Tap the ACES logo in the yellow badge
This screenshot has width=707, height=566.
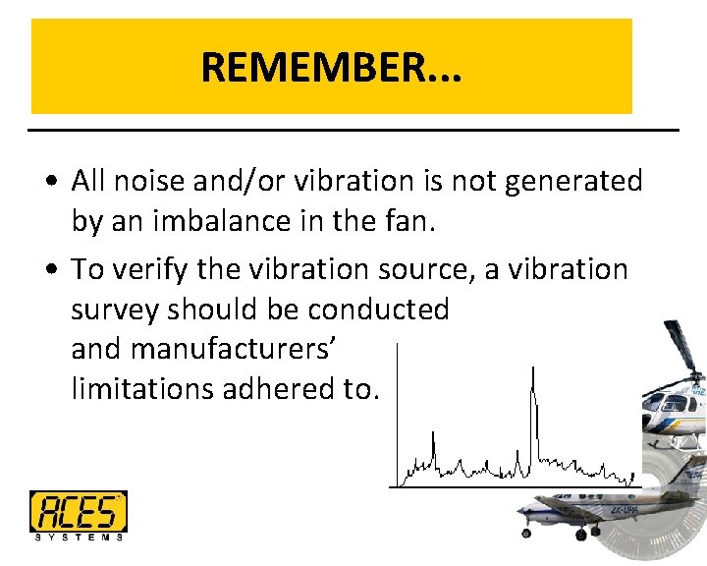point(78,511)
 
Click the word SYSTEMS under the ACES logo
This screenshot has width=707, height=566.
point(78,537)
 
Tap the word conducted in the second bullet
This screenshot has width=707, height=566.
point(378,309)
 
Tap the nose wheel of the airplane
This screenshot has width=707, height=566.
point(526,533)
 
